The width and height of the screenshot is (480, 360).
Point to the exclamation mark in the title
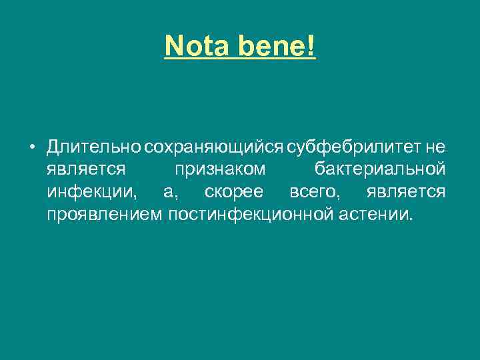click(311, 45)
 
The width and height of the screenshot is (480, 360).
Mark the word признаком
click(219, 169)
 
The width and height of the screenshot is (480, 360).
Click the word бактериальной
click(379, 169)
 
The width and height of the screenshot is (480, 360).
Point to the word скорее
click(233, 193)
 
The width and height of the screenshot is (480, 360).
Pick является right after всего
click(406, 193)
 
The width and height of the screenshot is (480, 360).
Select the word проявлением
click(105, 215)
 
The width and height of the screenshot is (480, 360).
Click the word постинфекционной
click(248, 215)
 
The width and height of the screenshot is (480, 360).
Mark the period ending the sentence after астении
click(411, 219)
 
